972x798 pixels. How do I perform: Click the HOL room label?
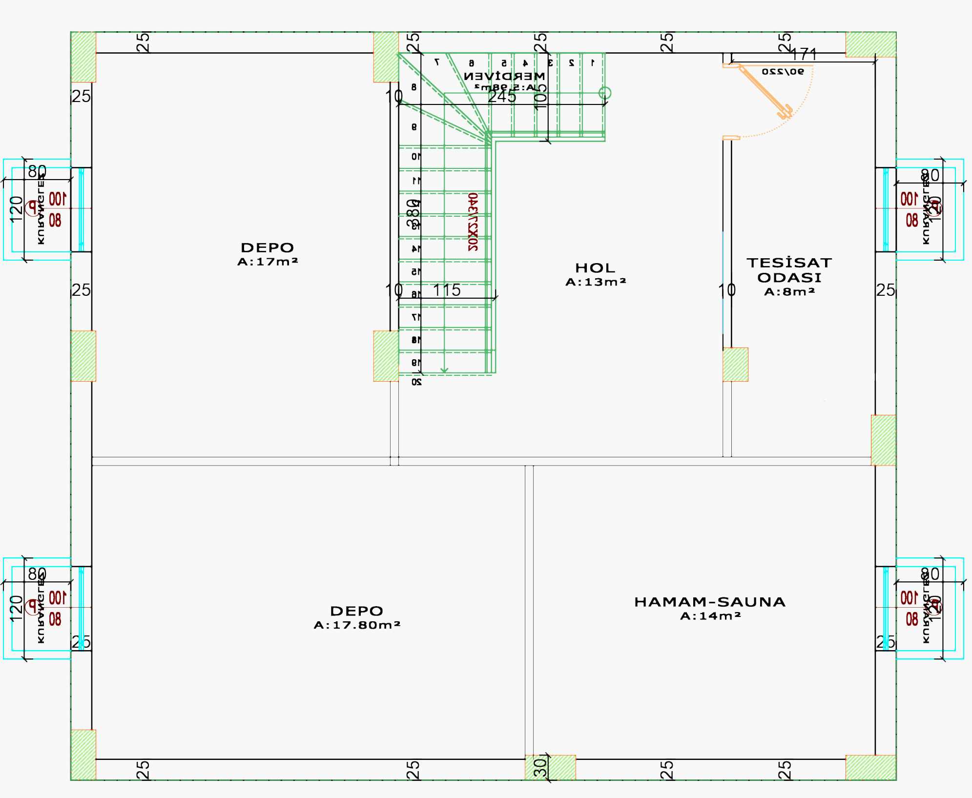(595, 268)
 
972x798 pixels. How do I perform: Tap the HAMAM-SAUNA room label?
(710, 602)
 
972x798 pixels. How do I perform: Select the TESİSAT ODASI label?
(789, 270)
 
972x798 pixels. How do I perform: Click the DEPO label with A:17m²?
(268, 247)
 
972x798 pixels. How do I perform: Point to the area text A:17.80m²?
(357, 625)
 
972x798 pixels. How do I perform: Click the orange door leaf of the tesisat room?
(765, 92)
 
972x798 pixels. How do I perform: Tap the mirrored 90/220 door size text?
(782, 72)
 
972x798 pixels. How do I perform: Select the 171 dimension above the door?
(804, 54)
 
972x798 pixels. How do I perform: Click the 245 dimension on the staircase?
(502, 96)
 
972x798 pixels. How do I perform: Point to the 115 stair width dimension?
(447, 290)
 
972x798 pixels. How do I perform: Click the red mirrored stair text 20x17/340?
(473, 222)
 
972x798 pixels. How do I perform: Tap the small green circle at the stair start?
(605, 92)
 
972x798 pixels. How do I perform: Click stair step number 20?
(416, 382)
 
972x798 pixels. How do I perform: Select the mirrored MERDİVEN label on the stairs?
(504, 76)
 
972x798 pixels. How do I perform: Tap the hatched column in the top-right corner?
(870, 44)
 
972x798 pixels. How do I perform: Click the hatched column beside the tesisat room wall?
(735, 364)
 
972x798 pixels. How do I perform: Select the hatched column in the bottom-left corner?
(83, 754)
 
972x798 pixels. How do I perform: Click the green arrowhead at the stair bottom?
(444, 370)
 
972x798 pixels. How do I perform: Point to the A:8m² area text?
(789, 292)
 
